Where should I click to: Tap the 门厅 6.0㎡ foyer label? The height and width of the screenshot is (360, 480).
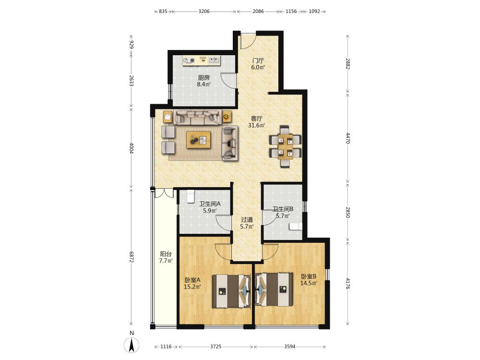coord(258,64)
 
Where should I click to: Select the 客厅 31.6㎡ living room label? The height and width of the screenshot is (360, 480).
coord(256,122)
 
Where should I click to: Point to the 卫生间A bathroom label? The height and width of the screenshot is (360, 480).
coord(210,204)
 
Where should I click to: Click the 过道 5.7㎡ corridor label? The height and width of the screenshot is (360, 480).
coord(247,223)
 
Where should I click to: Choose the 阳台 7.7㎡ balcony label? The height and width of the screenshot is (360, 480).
coord(166,257)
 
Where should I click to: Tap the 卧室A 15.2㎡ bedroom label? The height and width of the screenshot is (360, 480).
coord(192,284)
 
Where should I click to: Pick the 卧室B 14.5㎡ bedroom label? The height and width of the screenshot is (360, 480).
coord(309,279)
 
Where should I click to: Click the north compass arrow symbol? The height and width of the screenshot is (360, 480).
coord(132,346)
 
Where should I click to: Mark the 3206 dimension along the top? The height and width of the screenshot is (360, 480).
coord(204,12)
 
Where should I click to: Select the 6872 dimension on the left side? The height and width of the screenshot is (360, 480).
coord(132,257)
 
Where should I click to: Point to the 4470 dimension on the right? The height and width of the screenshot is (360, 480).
coord(348,138)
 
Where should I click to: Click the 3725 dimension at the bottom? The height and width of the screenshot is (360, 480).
coord(216,347)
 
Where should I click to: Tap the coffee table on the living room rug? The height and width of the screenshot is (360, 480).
coord(199,140)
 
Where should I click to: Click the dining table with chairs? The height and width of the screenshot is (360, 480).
coord(285,146)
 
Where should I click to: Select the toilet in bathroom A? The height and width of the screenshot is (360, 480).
coord(191,196)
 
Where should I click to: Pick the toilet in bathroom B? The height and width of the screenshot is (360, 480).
coord(296,227)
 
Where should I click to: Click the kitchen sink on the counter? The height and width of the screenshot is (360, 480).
coord(214,60)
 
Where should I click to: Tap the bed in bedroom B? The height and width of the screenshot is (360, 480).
coord(274,290)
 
